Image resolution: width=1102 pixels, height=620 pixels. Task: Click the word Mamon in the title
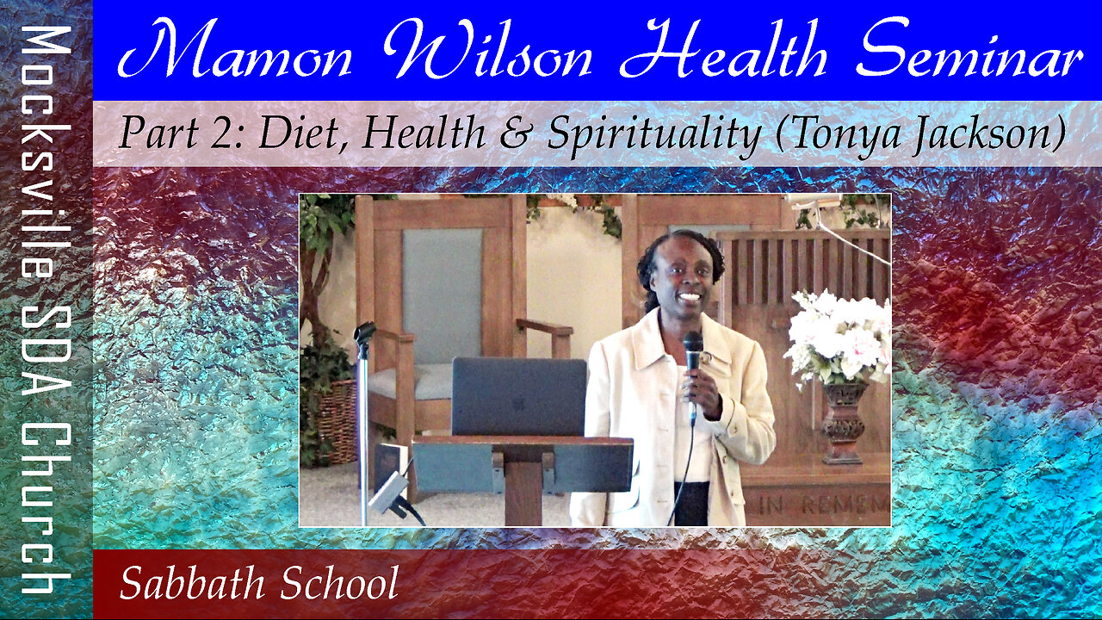[x=235, y=49]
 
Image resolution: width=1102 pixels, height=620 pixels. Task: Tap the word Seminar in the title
[x=972, y=49]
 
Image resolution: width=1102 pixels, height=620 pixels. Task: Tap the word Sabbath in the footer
[x=192, y=583]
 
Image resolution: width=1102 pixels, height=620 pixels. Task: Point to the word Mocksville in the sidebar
[x=46, y=152]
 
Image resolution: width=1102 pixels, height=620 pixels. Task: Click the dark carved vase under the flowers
[x=845, y=423]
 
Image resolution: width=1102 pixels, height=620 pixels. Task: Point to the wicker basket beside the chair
[x=336, y=422]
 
